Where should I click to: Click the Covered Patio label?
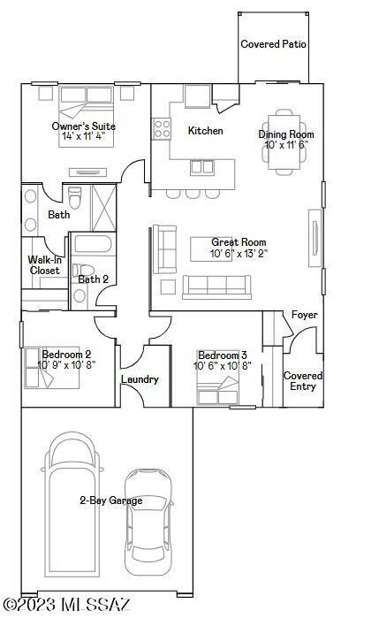pos(273,44)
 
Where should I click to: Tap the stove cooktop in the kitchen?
pos(162,128)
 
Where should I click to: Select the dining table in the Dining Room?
pos(284,142)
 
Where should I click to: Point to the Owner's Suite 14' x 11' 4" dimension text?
pos(84,136)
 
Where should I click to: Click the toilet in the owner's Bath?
pos(75,197)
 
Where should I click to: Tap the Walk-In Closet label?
pos(44,265)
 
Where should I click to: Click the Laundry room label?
pos(140,379)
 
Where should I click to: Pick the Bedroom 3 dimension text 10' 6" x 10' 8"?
pos(223,366)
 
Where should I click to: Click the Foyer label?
pos(305,315)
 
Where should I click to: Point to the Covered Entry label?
pos(303,381)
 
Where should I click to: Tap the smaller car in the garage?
pos(148,522)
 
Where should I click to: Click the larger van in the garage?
pos(72,505)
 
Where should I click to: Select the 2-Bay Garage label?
pos(111,500)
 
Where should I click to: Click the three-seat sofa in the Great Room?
pos(217,286)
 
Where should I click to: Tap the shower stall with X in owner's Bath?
pos(104,209)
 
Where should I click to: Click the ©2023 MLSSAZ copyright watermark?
pos(66,605)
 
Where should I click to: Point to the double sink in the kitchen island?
pos(202,167)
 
